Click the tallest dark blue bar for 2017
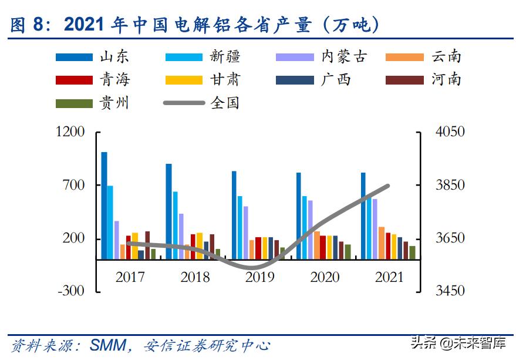104,206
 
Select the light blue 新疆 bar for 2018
175,225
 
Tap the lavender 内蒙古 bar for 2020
310,230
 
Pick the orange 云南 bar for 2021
382,243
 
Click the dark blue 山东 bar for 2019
234,215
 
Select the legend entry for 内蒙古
322,56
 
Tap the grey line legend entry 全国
203,103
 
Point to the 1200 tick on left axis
70,132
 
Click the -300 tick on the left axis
71,291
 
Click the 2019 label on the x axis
259,277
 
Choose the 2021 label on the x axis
389,277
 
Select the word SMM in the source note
107,345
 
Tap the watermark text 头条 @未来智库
458,342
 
